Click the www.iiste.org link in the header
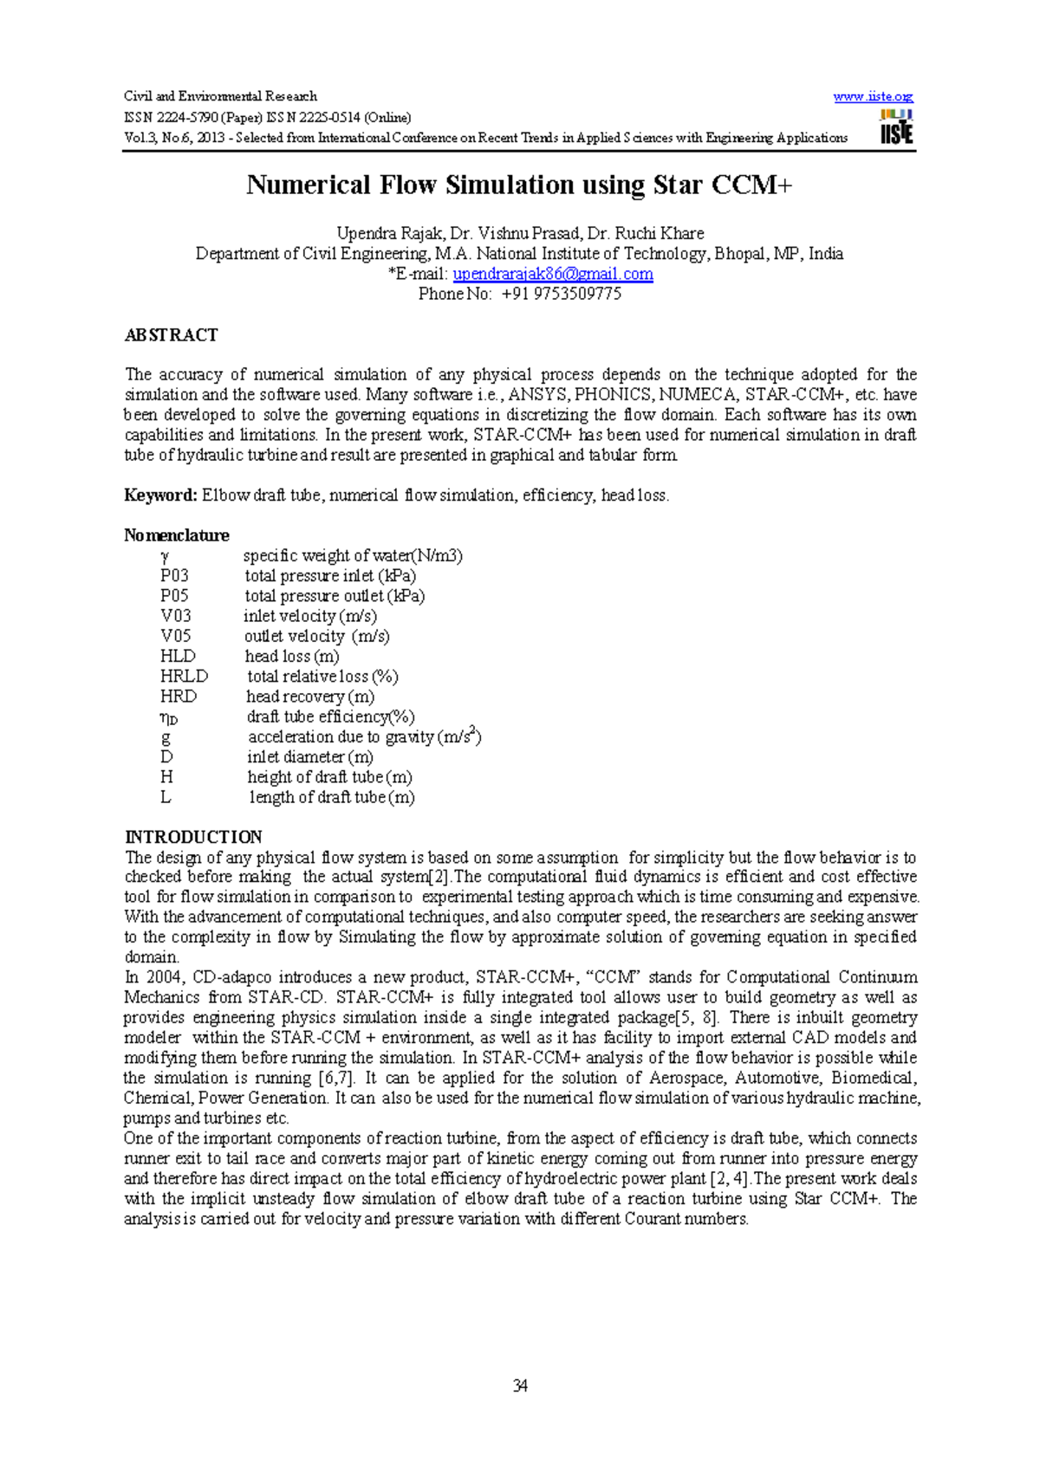(x=873, y=97)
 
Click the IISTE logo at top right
(x=896, y=126)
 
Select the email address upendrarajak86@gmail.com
(x=553, y=274)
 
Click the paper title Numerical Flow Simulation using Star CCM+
(x=519, y=185)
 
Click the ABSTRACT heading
(x=171, y=335)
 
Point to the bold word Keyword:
(x=161, y=496)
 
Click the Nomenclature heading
(x=176, y=535)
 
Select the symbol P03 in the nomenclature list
(x=174, y=576)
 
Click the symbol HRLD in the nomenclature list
(x=184, y=677)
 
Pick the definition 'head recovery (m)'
(x=310, y=697)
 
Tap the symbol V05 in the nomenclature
(x=176, y=636)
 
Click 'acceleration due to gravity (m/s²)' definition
(x=364, y=737)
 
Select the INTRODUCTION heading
(x=193, y=837)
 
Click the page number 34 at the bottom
(x=520, y=1386)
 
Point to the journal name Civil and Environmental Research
(x=220, y=97)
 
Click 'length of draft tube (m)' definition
(x=332, y=798)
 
